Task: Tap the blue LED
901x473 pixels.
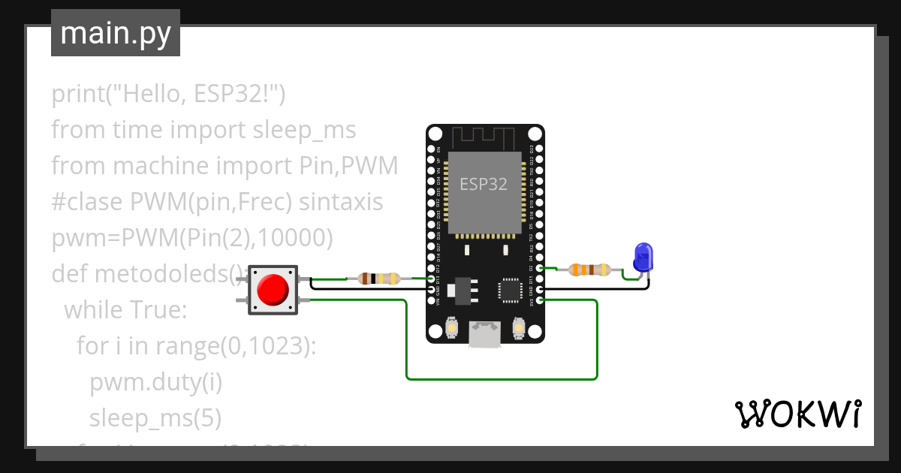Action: tap(643, 257)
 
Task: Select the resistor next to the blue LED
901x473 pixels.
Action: tap(590, 270)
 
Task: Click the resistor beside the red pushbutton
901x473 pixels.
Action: tap(378, 279)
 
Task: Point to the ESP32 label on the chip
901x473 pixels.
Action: tap(484, 184)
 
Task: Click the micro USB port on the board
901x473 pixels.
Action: tap(485, 333)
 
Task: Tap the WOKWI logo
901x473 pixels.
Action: tap(797, 414)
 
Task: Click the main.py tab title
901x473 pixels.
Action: tap(116, 33)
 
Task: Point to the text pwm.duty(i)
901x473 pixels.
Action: tap(156, 382)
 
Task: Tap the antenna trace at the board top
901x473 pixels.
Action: tap(485, 138)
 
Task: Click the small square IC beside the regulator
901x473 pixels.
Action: tap(510, 290)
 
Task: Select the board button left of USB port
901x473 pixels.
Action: tap(453, 328)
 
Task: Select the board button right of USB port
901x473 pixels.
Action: tap(517, 328)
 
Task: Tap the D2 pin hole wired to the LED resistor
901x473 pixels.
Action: tap(540, 267)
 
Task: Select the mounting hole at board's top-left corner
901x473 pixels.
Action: tap(436, 134)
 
